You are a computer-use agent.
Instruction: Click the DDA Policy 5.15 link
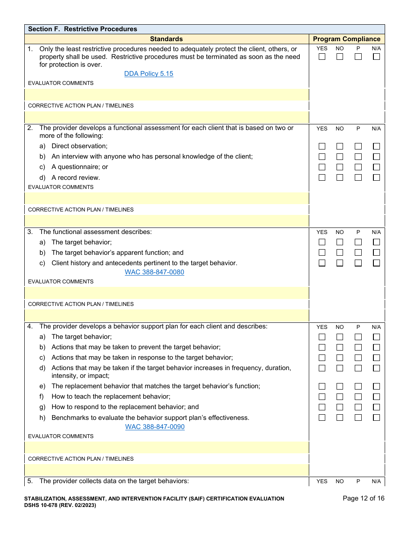(x=148, y=74)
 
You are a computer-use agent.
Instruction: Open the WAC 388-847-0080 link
(x=154, y=272)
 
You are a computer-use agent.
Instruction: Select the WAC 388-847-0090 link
(x=155, y=427)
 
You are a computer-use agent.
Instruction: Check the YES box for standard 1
(x=322, y=57)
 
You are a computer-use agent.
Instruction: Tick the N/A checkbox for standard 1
(x=376, y=57)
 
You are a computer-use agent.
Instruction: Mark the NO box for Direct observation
(x=340, y=146)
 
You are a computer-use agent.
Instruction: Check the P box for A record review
(x=358, y=177)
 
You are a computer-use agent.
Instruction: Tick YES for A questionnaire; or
(x=322, y=167)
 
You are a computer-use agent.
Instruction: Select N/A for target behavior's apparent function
(x=376, y=253)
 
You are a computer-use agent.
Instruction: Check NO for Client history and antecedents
(x=340, y=263)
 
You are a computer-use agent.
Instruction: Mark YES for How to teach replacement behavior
(x=322, y=396)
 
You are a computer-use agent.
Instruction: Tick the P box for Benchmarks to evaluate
(x=358, y=418)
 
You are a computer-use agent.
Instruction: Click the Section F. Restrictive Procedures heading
(x=82, y=29)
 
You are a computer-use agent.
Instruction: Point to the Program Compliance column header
(x=347, y=39)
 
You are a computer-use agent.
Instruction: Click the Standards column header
(x=166, y=39)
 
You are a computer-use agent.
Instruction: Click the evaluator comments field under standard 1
(x=167, y=94)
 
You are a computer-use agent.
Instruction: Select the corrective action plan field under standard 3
(x=167, y=315)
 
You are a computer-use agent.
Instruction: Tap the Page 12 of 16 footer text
(x=363, y=498)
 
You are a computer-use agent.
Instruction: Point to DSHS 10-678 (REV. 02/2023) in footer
(x=60, y=505)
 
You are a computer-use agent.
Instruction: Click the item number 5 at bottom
(x=30, y=481)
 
